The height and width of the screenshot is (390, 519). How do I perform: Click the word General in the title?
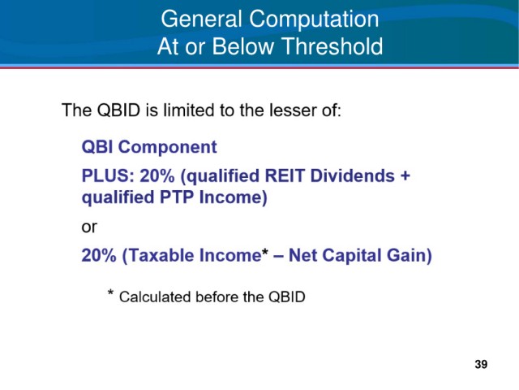point(202,19)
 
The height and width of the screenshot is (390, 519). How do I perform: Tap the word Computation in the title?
point(314,19)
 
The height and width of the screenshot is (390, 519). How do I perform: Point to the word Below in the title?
point(243,46)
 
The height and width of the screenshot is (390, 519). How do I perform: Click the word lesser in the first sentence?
point(290,110)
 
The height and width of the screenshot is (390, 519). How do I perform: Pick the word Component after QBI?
point(168,148)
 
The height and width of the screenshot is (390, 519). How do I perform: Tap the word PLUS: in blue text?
point(108,175)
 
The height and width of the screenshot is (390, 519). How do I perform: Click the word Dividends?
point(353,175)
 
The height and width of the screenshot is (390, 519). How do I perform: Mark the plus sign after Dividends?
point(405,176)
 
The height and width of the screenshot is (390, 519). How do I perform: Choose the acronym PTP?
point(177,197)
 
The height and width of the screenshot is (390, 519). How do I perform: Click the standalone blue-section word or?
point(89,227)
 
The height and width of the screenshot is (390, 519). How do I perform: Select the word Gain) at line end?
point(409,256)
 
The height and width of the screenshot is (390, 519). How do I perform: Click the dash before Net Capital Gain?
point(279,257)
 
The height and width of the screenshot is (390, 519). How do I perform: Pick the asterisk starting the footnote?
point(110,292)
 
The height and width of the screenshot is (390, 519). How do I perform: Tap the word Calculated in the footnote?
point(155,297)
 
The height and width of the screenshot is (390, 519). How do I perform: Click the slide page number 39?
point(481,365)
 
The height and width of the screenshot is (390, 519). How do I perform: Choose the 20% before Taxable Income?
point(99,256)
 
